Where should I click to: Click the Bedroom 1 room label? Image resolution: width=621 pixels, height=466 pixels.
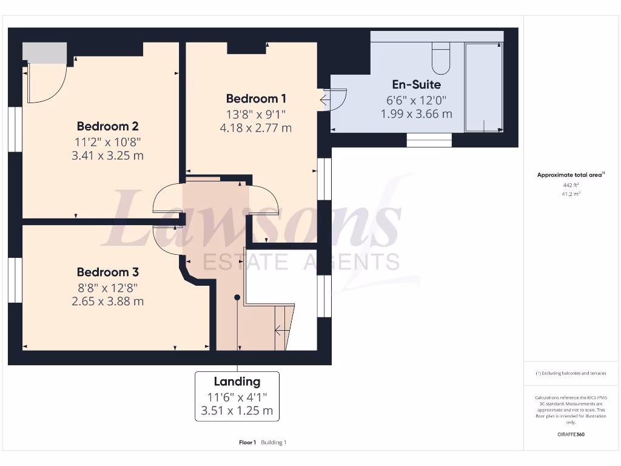click(256, 98)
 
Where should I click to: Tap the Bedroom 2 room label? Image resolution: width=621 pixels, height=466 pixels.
click(107, 126)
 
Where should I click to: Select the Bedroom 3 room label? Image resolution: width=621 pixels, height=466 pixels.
click(107, 272)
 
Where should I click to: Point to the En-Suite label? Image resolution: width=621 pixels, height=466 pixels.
click(416, 84)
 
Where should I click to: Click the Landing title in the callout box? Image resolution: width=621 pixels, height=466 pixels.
click(237, 382)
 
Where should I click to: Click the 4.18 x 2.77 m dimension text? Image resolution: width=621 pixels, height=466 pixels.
click(256, 128)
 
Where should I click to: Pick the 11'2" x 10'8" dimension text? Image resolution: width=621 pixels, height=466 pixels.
click(107, 141)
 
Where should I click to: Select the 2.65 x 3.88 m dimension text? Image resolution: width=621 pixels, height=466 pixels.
click(107, 301)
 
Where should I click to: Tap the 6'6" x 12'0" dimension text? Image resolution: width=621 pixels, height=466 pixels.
click(416, 100)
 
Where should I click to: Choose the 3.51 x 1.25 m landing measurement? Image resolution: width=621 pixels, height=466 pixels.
click(237, 411)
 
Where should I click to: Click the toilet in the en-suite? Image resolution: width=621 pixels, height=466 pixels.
click(441, 58)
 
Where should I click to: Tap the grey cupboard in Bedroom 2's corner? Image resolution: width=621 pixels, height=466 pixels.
click(44, 53)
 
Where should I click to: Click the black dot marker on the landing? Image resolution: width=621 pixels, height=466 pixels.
click(237, 297)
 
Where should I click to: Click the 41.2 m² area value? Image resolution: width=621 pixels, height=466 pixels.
click(570, 194)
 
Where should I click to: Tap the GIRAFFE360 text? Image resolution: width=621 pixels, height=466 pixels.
click(570, 434)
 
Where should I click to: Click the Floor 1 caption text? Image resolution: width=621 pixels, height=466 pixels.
click(247, 442)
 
